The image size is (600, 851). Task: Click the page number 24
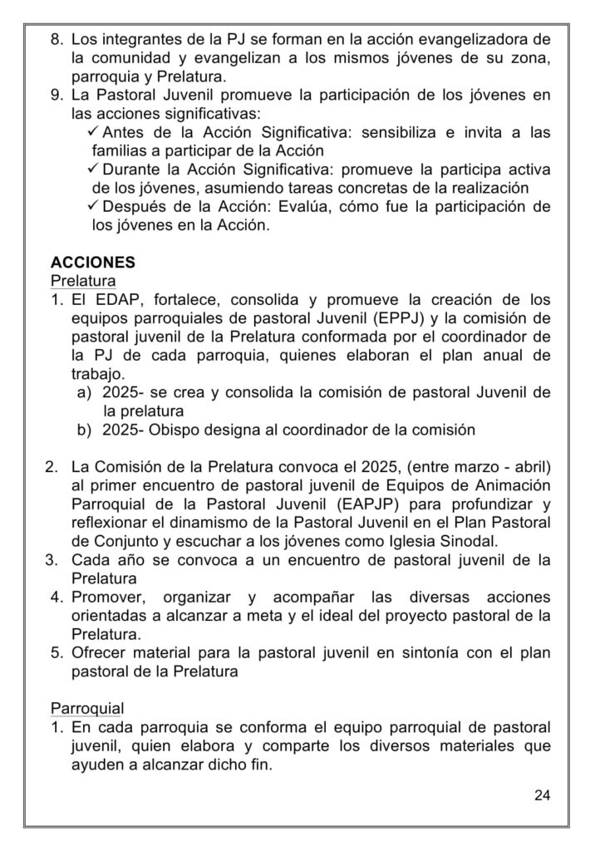pyautogui.click(x=542, y=795)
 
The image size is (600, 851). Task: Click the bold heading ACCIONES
pyautogui.click(x=93, y=262)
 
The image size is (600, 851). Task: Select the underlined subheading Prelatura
pyautogui.click(x=83, y=280)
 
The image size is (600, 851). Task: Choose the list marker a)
pyautogui.click(x=83, y=392)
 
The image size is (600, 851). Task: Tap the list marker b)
pyautogui.click(x=83, y=430)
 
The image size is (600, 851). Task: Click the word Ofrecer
pyautogui.click(x=101, y=653)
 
